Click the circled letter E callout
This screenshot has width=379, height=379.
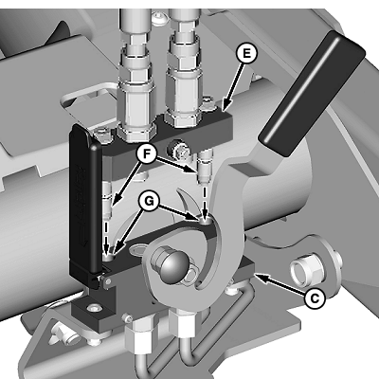(245, 53)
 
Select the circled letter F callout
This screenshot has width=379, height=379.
(146, 154)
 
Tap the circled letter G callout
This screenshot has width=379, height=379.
(148, 202)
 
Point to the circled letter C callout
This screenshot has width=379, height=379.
(315, 298)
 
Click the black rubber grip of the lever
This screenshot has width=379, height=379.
(312, 94)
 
